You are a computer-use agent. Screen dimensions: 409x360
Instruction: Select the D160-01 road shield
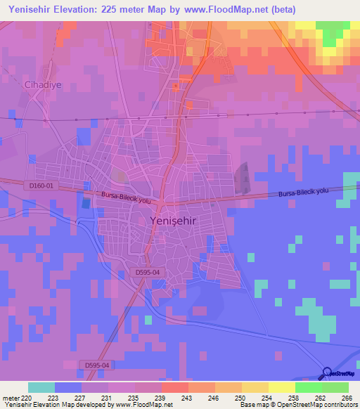41,185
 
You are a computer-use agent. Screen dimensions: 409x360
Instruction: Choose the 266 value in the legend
347,397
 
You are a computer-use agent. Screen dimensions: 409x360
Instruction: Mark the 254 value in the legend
268,397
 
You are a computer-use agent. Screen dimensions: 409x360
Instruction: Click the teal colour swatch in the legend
41,387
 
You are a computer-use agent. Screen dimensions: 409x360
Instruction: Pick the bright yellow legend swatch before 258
281,387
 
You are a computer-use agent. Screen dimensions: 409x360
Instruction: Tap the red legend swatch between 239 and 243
174,387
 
